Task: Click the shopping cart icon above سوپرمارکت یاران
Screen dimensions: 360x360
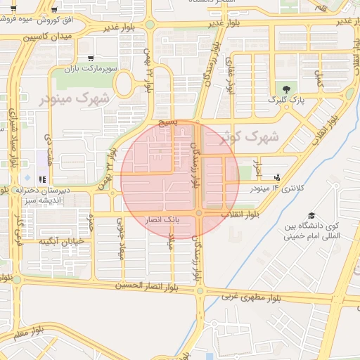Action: coord(90,58)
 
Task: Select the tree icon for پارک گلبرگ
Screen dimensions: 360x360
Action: coord(285,89)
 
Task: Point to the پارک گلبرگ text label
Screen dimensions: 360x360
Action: coord(285,101)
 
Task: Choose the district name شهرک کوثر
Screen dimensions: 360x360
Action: coord(249,136)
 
